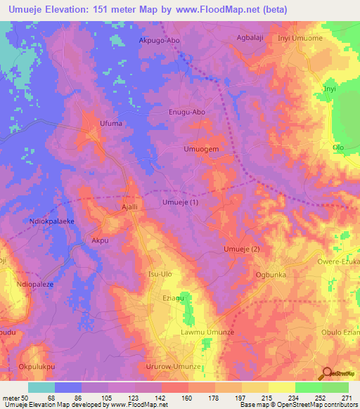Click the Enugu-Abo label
tap(187, 112)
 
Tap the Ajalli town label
tap(129, 207)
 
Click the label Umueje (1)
tap(181, 202)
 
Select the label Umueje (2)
tap(241, 249)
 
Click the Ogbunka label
tap(271, 275)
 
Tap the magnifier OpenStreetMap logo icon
tap(327, 373)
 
